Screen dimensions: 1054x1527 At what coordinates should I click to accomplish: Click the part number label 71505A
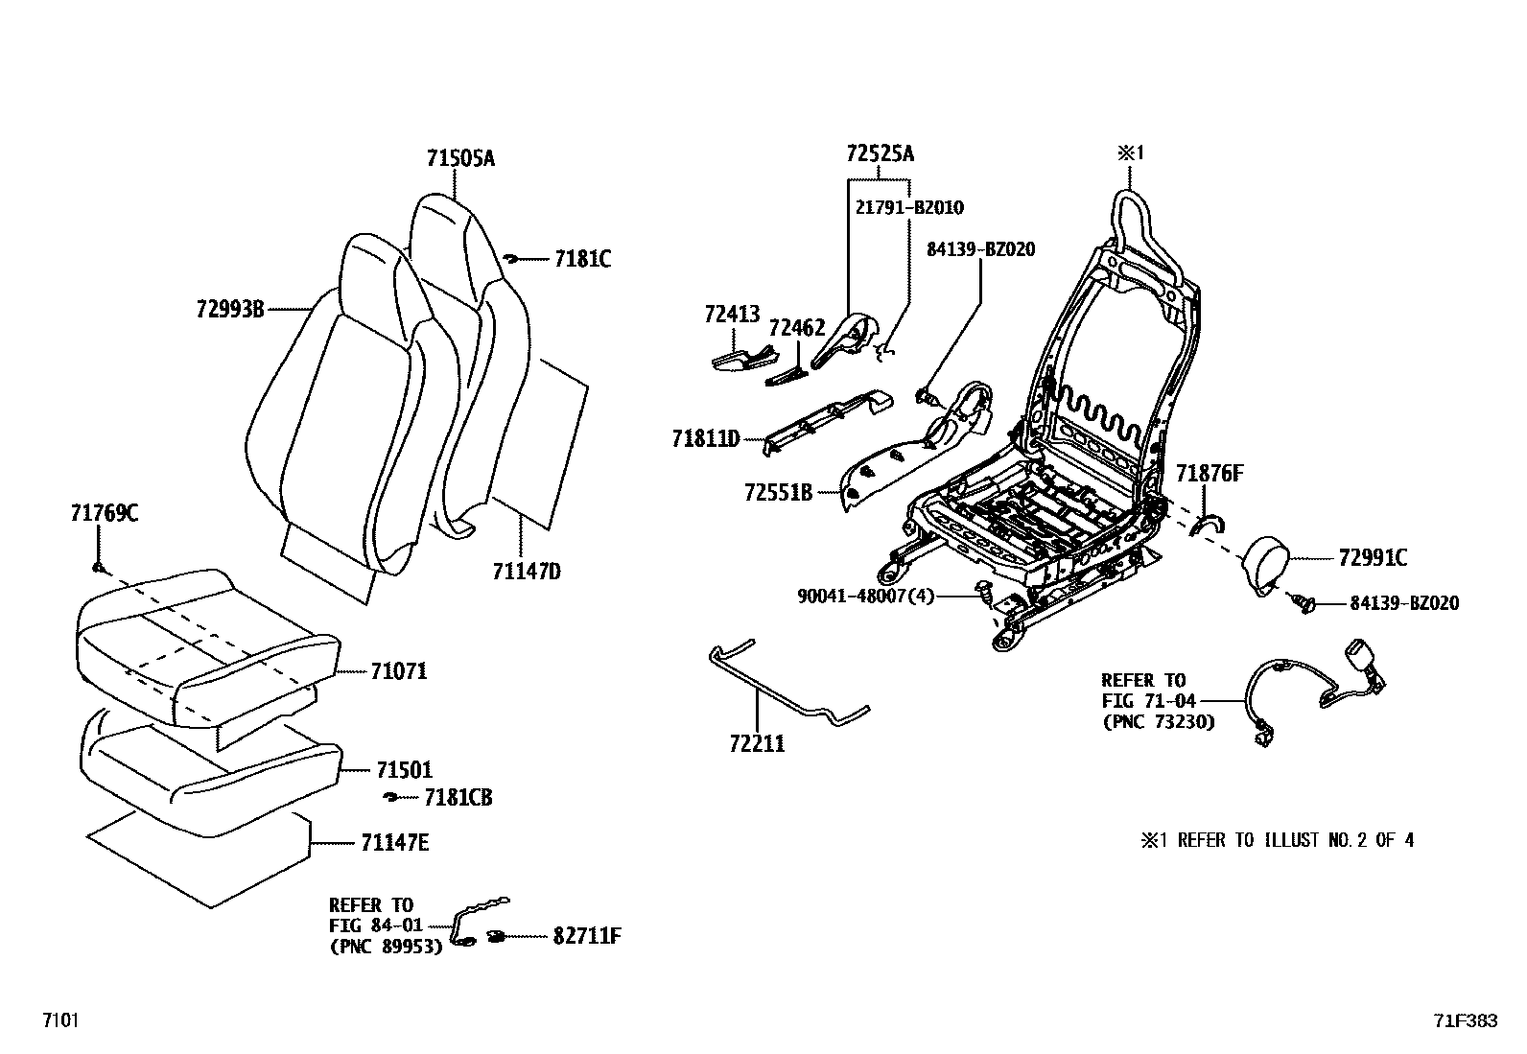(460, 158)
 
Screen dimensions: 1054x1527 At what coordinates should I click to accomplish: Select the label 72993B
(229, 309)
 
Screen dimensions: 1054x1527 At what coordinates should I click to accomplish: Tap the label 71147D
(526, 573)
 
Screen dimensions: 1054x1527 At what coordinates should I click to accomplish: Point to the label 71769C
(104, 513)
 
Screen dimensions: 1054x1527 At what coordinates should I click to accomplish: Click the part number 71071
(398, 671)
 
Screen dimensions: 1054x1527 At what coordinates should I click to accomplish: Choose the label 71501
(404, 770)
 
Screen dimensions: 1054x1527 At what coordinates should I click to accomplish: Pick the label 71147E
(394, 843)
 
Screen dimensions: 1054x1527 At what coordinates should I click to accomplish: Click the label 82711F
(586, 936)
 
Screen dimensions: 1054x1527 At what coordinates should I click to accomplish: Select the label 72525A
(880, 153)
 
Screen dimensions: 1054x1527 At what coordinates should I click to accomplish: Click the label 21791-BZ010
(909, 207)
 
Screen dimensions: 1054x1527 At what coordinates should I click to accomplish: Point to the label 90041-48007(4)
(865, 596)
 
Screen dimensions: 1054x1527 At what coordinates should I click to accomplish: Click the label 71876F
(1210, 473)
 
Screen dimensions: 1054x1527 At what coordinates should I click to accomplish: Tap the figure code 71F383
(1465, 1021)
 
